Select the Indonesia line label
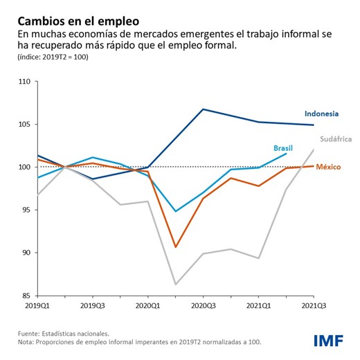pos(321,114)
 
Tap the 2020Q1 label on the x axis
pos(147,305)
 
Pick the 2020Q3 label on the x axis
pos(203,305)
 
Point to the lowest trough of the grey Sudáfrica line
pos(175,285)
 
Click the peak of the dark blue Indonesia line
pos(203,109)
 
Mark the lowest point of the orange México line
pos(175,247)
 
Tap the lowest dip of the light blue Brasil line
pos(175,211)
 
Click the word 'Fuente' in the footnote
pos(30,334)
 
